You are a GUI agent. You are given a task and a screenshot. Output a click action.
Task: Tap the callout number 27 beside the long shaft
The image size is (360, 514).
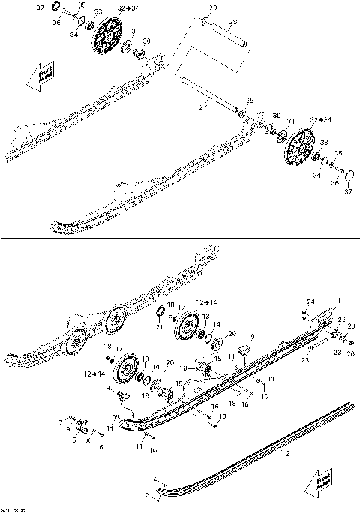pos(202,107)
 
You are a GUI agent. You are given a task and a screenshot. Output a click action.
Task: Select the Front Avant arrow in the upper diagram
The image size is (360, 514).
pos(40,76)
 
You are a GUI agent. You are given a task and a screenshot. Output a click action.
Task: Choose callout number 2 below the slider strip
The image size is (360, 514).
pos(286,453)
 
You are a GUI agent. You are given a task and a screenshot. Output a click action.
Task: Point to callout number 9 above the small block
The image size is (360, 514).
pos(253,336)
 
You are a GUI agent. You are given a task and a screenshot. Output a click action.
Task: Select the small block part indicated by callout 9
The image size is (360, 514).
pos(243,349)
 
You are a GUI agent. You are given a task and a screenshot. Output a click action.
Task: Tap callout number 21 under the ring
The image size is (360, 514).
pos(159,326)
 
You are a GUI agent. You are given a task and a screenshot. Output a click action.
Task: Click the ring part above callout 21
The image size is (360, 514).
pos(160,311)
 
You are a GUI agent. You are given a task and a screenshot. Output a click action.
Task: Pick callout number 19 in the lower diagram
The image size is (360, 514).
pos(222,415)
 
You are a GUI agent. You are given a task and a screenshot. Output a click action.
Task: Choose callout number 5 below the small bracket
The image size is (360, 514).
pos(74,441)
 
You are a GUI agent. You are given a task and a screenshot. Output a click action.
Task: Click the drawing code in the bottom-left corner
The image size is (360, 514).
pos(10,509)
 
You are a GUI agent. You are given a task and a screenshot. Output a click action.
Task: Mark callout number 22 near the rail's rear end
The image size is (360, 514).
pos(340,320)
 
